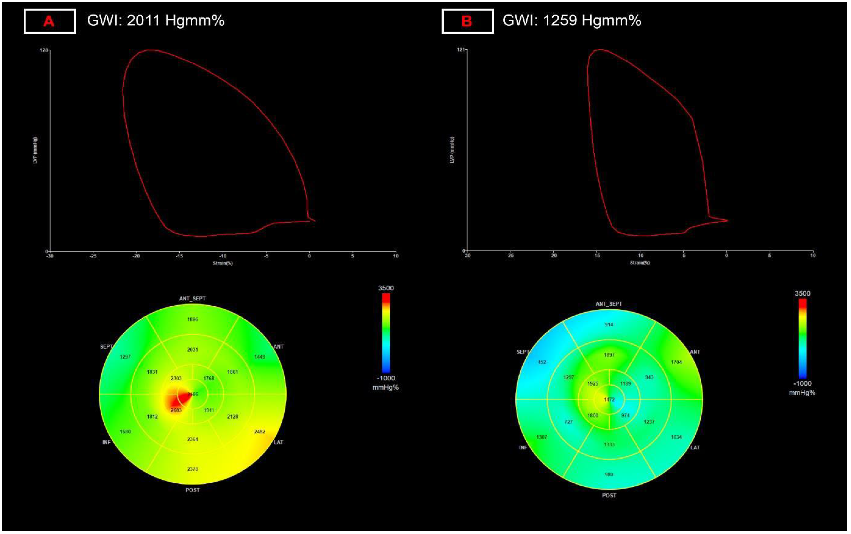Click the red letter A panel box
pos(49,21)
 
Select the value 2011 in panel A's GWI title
pos(143,20)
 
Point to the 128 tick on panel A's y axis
pos(44,50)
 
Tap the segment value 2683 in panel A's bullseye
pos(176,410)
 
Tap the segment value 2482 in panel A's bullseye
pos(260,432)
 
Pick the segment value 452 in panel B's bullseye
pos(542,362)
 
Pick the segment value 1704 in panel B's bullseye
pos(676,362)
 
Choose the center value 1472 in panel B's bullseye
pos(609,399)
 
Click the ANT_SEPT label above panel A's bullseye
pos(192,298)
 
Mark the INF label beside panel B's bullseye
pos(523,448)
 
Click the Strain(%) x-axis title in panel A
pos(223,263)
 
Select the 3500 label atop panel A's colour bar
pos(386,288)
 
